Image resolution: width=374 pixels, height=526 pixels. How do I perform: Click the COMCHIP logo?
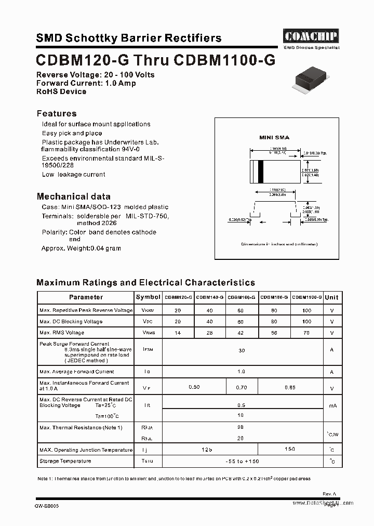point(311,36)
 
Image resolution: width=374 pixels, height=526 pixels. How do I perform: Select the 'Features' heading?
point(57,113)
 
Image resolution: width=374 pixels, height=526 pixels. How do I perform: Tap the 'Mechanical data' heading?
point(73,196)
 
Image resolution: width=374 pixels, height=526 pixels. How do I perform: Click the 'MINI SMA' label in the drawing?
point(274,138)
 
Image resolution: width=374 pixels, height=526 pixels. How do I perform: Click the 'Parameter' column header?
point(86,297)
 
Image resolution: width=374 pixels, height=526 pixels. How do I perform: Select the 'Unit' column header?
point(331,297)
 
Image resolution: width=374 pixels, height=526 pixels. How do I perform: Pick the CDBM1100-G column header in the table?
point(307,297)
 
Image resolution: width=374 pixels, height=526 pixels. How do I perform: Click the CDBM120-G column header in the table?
point(178,297)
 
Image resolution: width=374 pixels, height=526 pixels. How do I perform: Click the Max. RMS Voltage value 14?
point(178,333)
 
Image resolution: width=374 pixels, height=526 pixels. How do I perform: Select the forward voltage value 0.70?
point(242,387)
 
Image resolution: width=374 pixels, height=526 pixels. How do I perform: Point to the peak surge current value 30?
point(242,351)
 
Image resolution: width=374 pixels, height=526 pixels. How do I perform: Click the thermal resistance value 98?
point(241,427)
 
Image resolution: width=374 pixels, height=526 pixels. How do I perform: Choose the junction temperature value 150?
point(290,449)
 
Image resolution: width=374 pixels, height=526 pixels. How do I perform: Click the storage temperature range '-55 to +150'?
point(242,462)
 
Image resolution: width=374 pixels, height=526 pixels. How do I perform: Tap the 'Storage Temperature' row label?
point(65,461)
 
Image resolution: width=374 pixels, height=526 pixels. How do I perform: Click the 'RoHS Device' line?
point(61,91)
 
